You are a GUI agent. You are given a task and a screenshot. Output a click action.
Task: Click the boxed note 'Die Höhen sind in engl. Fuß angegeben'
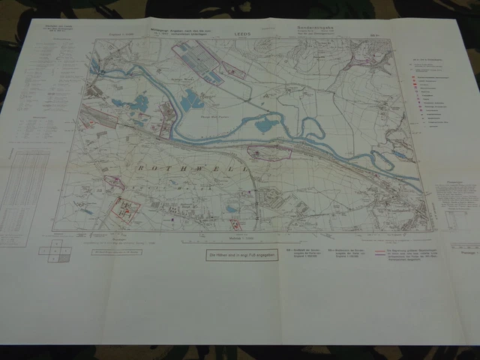(x=240, y=255)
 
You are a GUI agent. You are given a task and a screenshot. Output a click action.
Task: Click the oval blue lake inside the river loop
(x=265, y=125)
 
